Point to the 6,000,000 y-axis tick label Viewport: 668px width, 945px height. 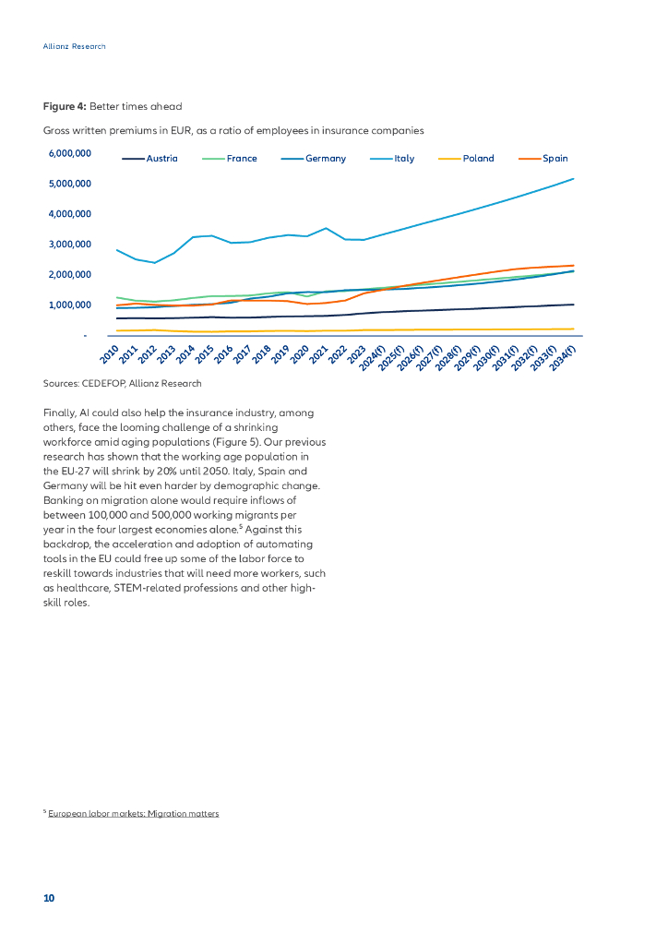pos(70,153)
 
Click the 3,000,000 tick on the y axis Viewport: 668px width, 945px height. pos(70,245)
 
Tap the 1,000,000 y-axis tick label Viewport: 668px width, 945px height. pos(70,305)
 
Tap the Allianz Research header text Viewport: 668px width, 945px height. pos(75,46)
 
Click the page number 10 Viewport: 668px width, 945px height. pos(49,898)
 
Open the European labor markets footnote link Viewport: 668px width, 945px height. pos(134,814)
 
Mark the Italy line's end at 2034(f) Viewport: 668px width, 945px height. pos(574,179)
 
